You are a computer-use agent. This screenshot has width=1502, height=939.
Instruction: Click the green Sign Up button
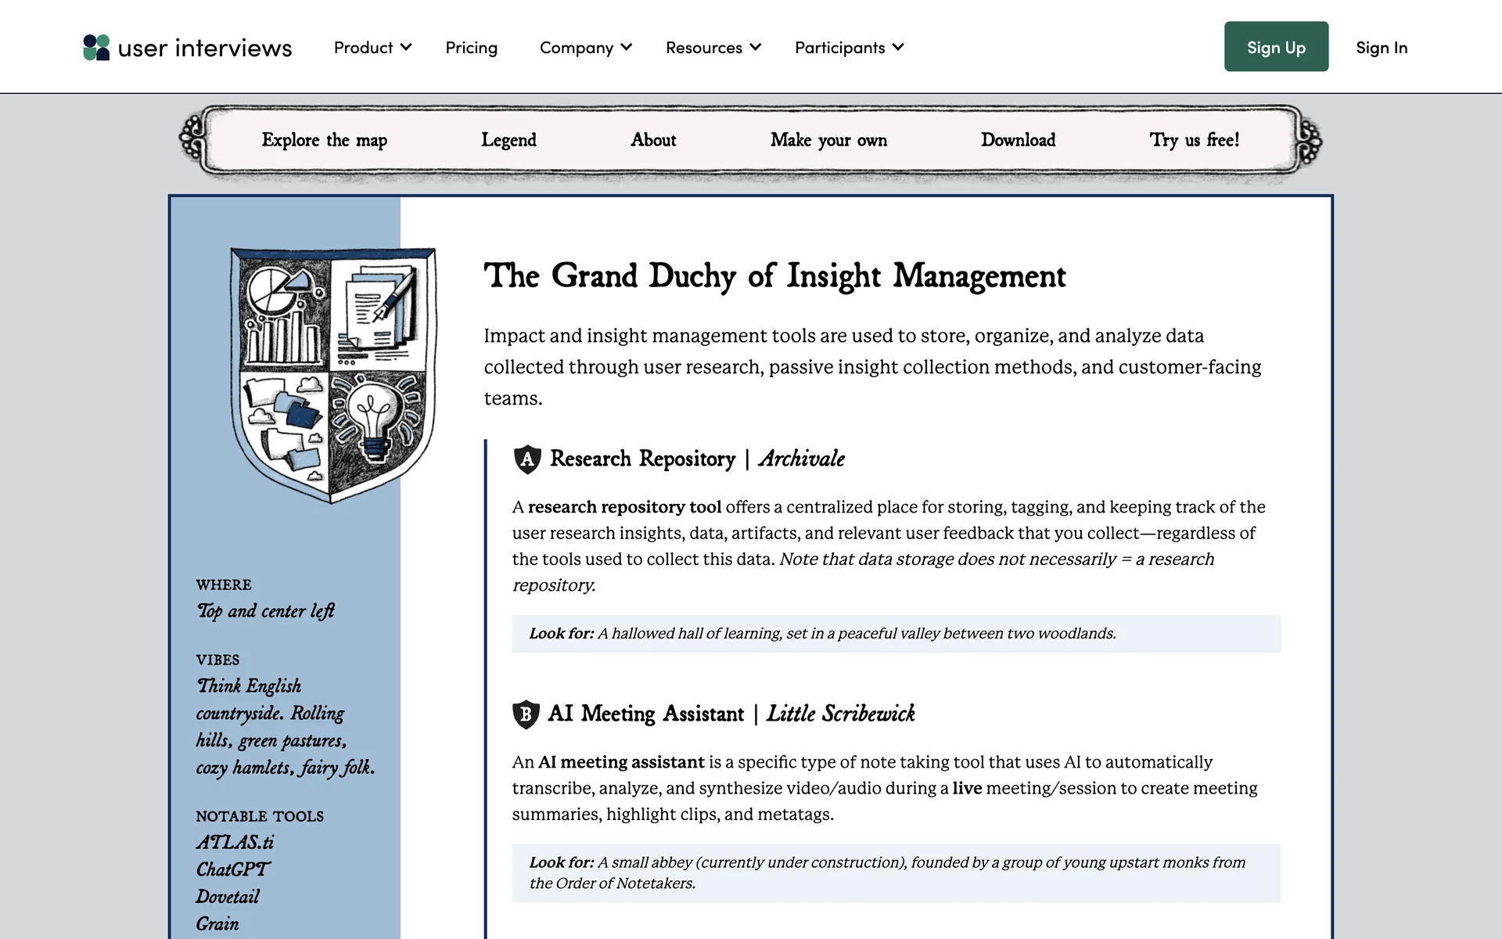click(x=1276, y=47)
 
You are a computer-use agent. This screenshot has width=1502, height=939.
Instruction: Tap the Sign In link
click(x=1382, y=48)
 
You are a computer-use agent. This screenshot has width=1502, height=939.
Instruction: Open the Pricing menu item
click(x=471, y=48)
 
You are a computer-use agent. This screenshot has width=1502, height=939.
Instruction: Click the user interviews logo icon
click(x=96, y=47)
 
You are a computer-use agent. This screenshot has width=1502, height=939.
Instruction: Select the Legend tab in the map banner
click(x=508, y=140)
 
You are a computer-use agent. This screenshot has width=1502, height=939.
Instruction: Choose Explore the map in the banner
click(x=324, y=140)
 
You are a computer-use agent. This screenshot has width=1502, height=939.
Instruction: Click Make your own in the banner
click(x=828, y=140)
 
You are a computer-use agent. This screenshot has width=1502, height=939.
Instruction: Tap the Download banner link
click(x=1018, y=140)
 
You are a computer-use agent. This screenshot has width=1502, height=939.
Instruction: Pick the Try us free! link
click(x=1194, y=140)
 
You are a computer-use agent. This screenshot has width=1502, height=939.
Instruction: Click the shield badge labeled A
click(x=527, y=459)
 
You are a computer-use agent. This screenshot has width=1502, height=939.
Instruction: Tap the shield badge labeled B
click(x=526, y=714)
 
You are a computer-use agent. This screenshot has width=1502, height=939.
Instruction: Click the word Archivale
click(x=801, y=459)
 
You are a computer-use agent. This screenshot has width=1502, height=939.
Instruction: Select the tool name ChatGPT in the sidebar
click(x=232, y=869)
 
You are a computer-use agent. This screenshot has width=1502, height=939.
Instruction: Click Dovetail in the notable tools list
click(x=227, y=897)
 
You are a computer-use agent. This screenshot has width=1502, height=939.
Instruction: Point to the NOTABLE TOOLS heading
click(x=260, y=816)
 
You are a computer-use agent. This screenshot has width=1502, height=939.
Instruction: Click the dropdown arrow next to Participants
click(x=898, y=47)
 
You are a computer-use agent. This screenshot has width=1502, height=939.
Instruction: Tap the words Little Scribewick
click(x=840, y=714)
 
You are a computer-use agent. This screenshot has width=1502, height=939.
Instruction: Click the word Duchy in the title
click(x=692, y=276)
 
